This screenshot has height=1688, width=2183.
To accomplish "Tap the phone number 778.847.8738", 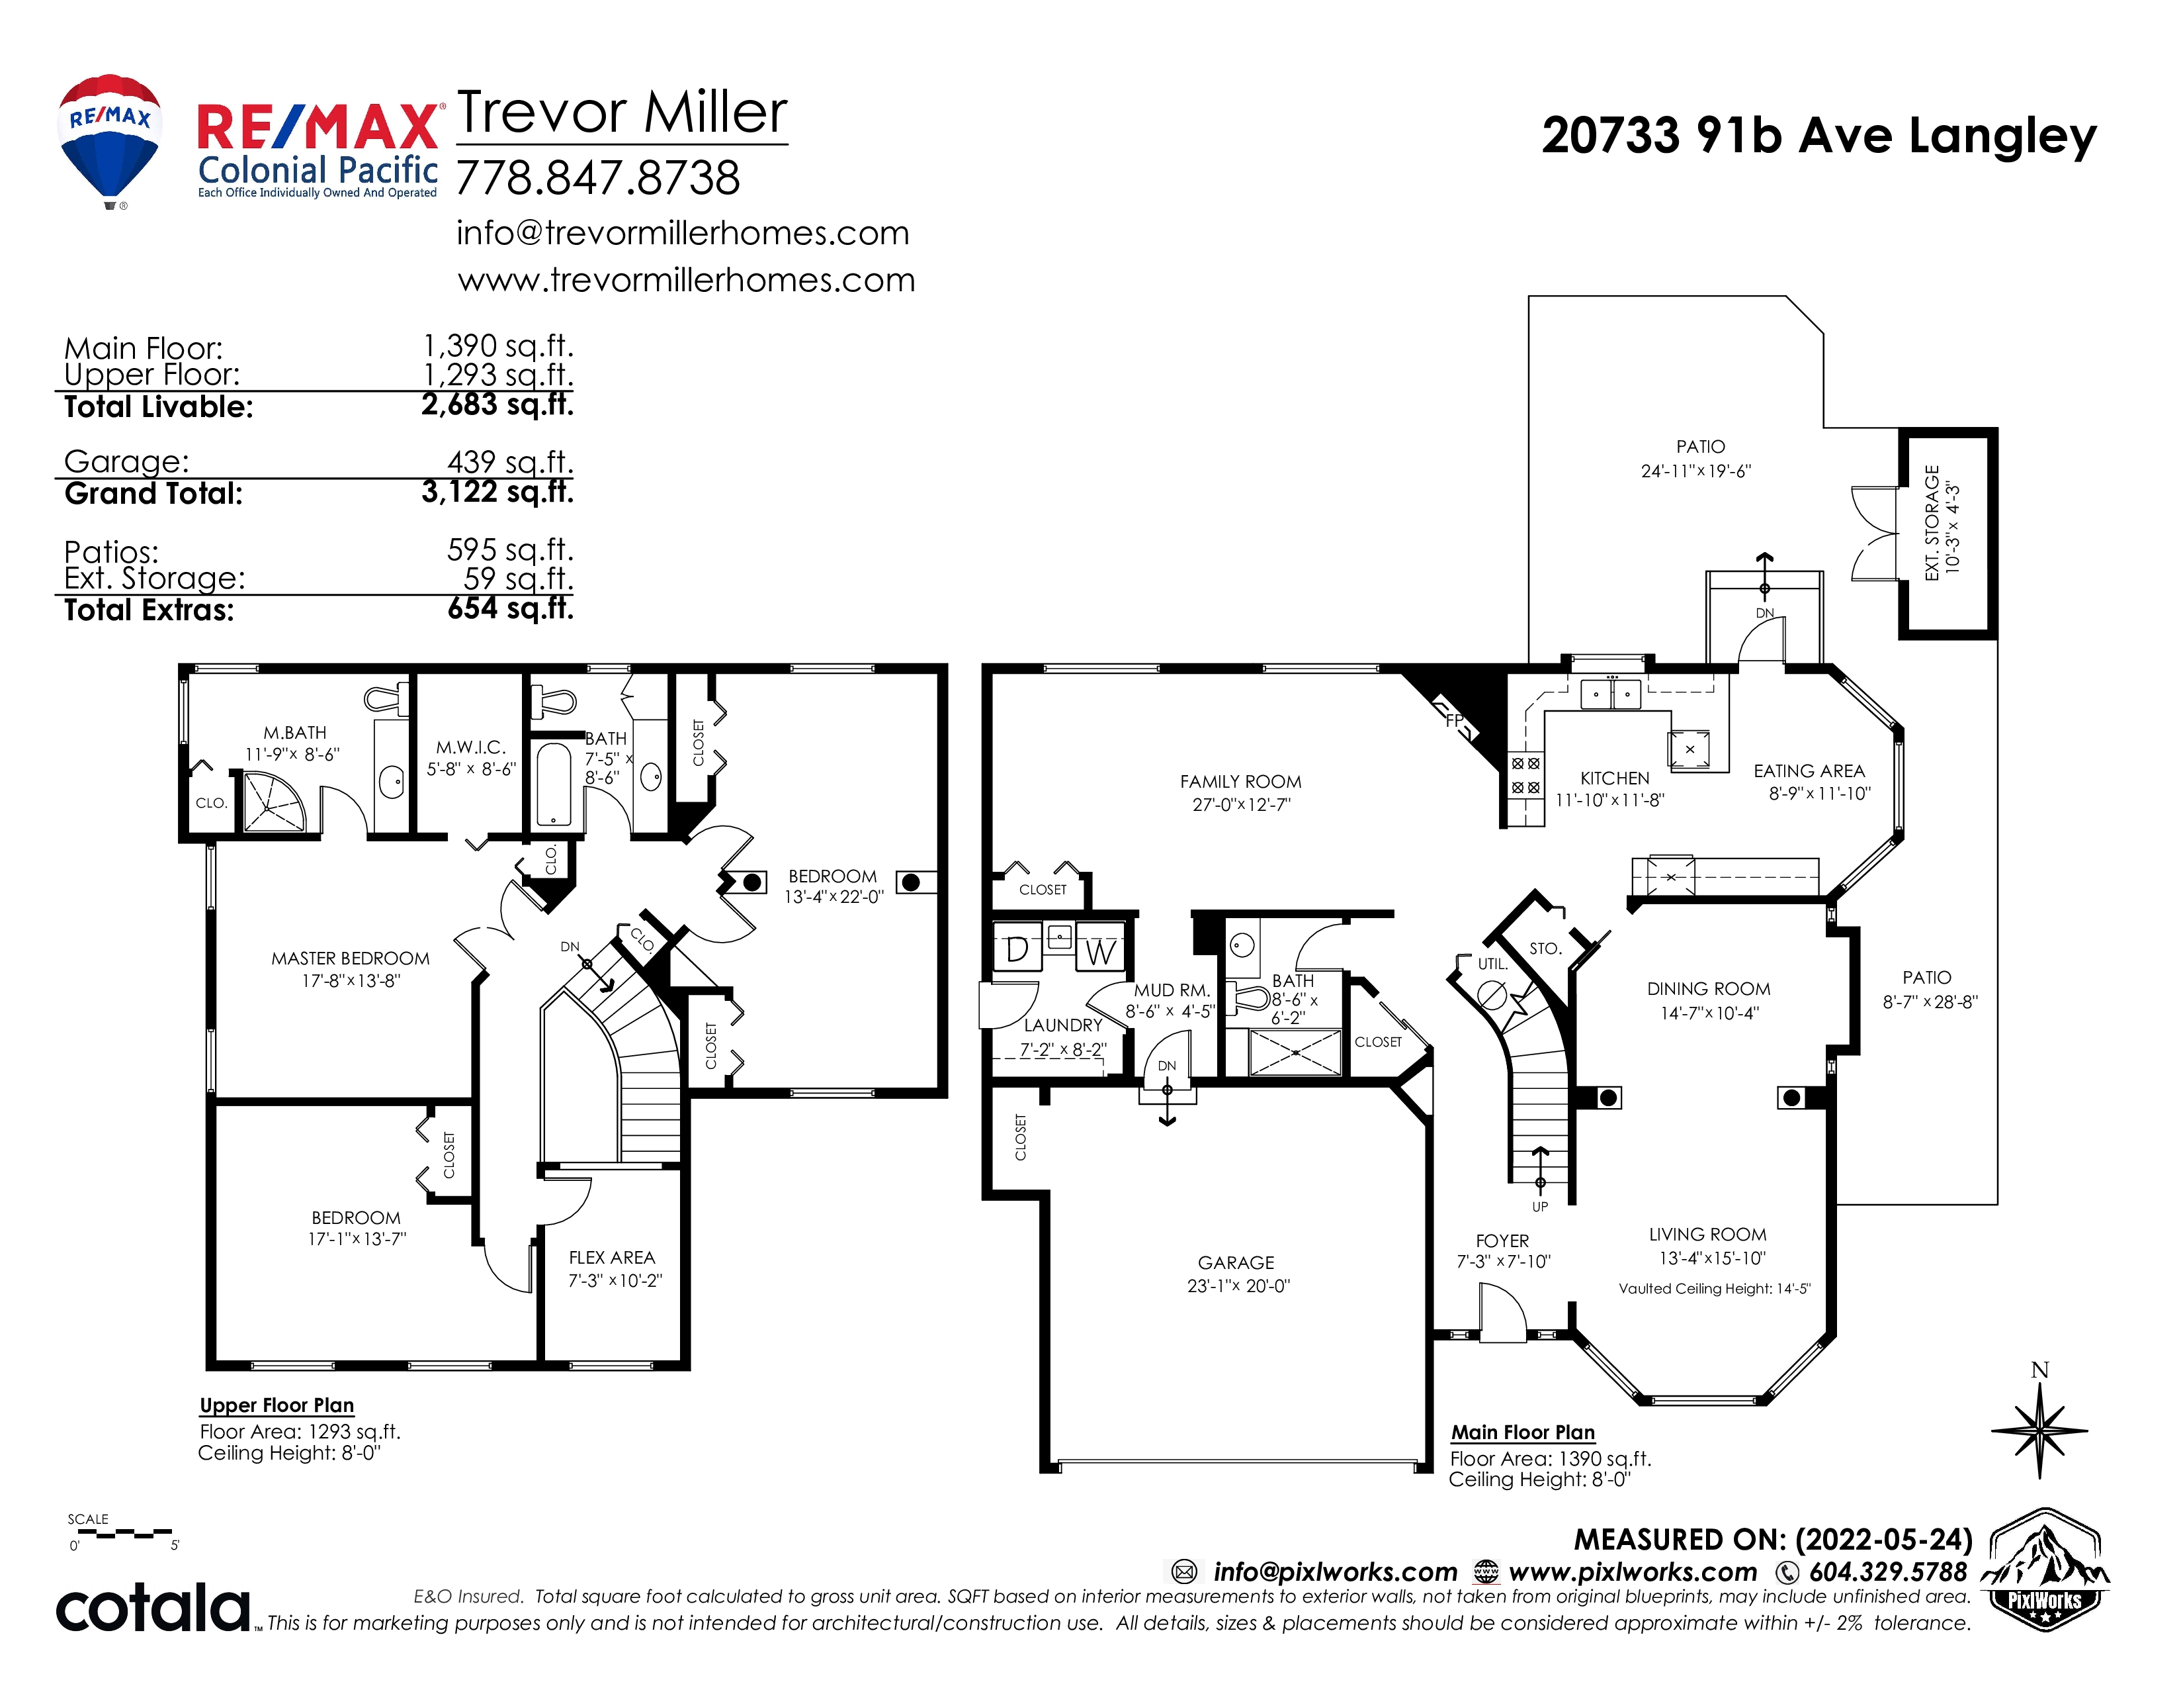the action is (x=598, y=179).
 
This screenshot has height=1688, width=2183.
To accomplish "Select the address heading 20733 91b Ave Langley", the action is (x=1818, y=136).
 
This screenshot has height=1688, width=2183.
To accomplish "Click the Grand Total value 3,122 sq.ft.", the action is (x=497, y=492).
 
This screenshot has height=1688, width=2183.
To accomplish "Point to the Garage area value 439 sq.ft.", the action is (x=510, y=462).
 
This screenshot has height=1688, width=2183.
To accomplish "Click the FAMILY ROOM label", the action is (x=1240, y=782).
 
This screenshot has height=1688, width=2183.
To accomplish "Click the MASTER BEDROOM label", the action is (x=351, y=958).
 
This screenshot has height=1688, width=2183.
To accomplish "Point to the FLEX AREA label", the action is (x=612, y=1258).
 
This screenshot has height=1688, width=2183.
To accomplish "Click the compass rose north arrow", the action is (x=2039, y=1430).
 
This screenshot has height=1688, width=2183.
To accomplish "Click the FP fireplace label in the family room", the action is (x=1454, y=720).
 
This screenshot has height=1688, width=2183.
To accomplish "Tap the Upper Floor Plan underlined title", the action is (x=277, y=1405).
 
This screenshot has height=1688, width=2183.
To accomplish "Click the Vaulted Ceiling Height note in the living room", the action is (x=1714, y=1288).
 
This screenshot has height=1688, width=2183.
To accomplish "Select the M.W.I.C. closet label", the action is (x=471, y=747).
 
